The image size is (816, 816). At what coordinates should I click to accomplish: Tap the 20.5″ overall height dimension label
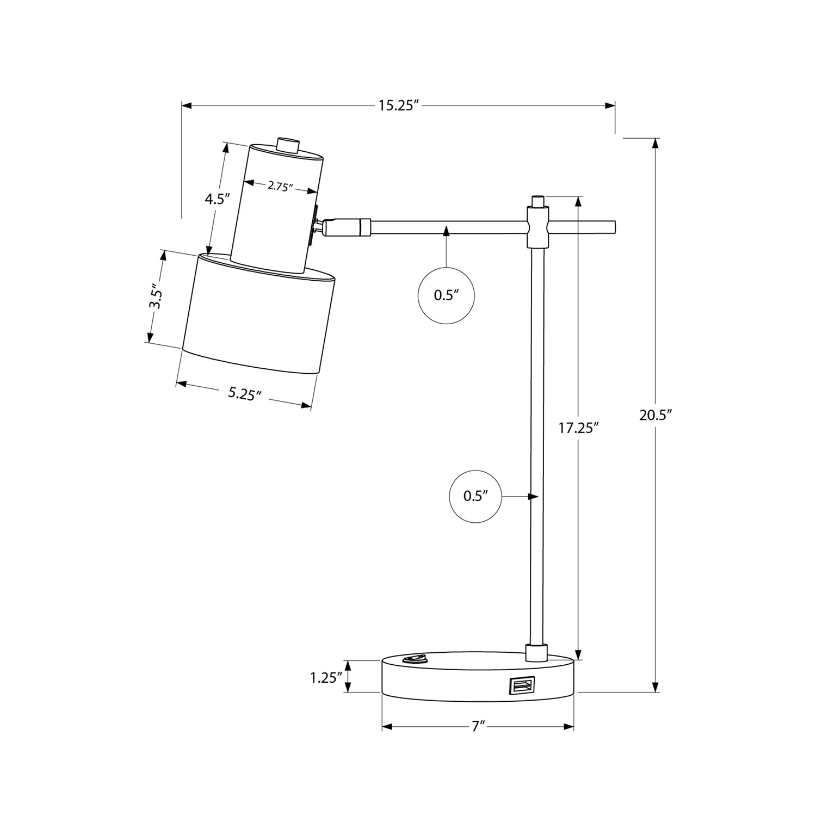click(656, 415)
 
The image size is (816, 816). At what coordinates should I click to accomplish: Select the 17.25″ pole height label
click(578, 428)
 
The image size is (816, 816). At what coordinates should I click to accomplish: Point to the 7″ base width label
click(478, 727)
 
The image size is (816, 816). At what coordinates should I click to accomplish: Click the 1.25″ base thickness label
click(326, 677)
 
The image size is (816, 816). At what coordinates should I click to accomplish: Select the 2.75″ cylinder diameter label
click(280, 187)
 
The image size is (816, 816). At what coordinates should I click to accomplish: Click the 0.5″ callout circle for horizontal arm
click(446, 295)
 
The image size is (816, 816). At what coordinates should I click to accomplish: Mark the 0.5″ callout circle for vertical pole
click(475, 496)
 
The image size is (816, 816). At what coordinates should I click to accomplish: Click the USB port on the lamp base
click(521, 685)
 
